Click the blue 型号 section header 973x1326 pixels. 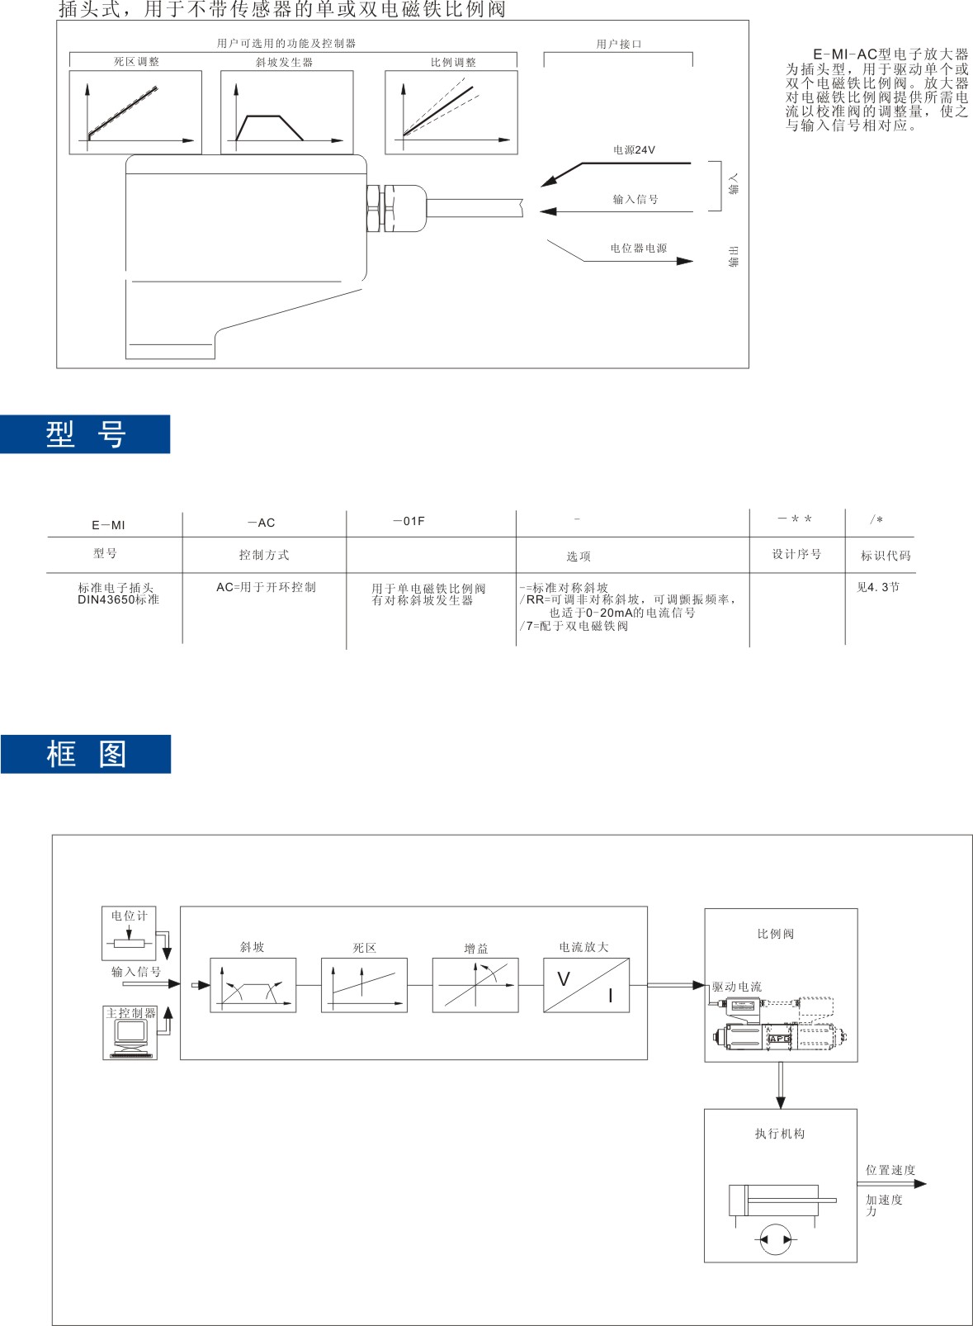click(x=85, y=434)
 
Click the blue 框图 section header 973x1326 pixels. click(x=86, y=754)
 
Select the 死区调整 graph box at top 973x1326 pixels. click(x=135, y=112)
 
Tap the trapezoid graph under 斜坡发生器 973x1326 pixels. click(x=286, y=112)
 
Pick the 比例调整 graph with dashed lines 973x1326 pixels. click(x=451, y=112)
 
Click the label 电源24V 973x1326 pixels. click(x=634, y=150)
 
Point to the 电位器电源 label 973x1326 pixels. click(x=638, y=249)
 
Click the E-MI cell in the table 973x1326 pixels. click(x=108, y=525)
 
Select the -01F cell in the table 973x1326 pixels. click(x=409, y=522)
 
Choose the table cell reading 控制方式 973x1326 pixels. click(x=264, y=555)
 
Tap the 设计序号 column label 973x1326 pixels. click(x=796, y=554)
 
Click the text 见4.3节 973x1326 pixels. click(x=878, y=587)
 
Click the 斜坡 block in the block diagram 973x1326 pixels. click(x=253, y=985)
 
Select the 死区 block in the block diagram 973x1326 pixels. click(x=364, y=985)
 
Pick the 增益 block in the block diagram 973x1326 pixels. click(x=475, y=985)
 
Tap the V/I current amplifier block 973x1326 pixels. click(x=586, y=985)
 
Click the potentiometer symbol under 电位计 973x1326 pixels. click(x=129, y=943)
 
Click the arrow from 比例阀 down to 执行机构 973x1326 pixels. click(x=781, y=1085)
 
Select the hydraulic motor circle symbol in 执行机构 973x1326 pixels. click(x=775, y=1239)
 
